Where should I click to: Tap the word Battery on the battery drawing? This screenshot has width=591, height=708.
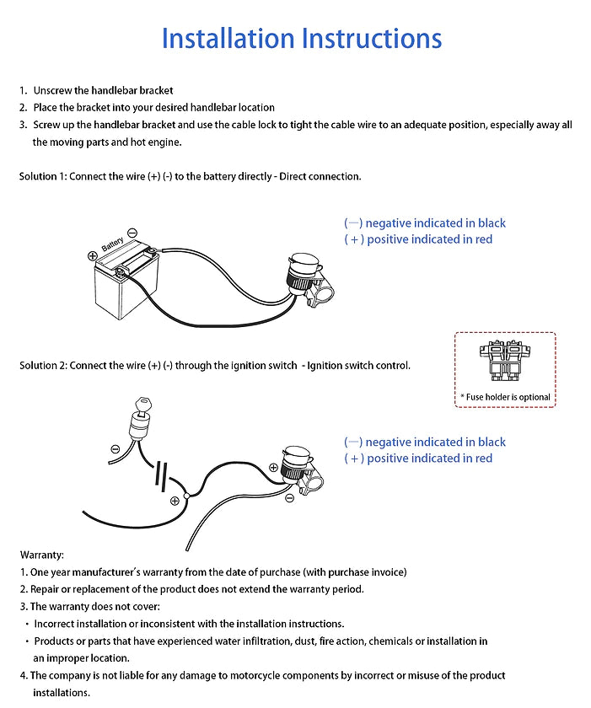click(x=113, y=246)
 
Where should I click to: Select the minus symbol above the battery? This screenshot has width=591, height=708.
click(x=132, y=233)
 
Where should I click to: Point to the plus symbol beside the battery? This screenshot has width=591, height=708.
click(x=93, y=255)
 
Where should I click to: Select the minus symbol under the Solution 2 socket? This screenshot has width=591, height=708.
click(x=290, y=498)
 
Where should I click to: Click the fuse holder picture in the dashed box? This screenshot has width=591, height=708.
click(x=504, y=361)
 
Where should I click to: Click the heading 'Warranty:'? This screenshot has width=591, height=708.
click(x=41, y=555)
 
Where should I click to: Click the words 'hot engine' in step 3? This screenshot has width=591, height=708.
click(x=153, y=142)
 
